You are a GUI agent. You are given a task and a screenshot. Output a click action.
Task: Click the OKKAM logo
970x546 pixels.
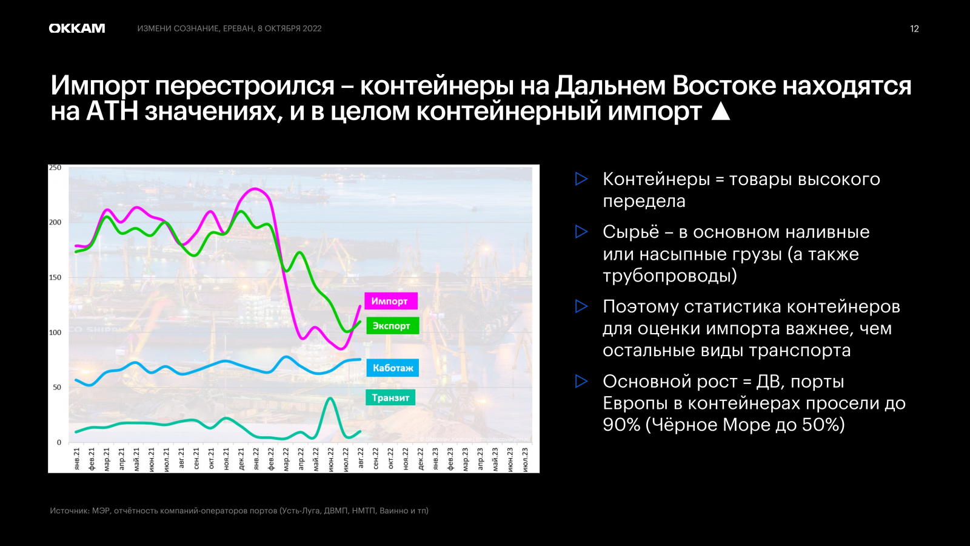click(76, 28)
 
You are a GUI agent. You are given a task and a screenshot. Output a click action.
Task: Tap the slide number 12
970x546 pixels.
click(914, 29)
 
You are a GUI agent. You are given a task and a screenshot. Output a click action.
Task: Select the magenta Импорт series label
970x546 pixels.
click(390, 301)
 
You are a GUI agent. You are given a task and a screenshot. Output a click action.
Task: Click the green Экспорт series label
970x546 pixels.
click(392, 326)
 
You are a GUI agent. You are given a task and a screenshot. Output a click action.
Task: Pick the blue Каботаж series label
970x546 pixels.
click(392, 368)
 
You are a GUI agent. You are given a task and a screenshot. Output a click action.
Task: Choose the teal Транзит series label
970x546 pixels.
click(390, 397)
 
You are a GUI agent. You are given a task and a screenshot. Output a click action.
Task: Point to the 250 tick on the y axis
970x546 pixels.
click(55, 167)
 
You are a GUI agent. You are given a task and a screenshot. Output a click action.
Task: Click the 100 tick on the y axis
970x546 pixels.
click(55, 332)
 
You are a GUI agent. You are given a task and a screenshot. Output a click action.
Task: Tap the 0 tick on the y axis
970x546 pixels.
click(59, 442)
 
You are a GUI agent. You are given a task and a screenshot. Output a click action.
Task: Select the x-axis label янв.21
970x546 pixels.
click(77, 459)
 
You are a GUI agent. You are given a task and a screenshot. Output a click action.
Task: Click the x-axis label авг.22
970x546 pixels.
click(361, 459)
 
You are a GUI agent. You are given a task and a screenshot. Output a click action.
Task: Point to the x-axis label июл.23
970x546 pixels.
click(525, 459)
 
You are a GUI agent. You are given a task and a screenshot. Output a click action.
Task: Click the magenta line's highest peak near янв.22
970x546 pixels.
click(255, 189)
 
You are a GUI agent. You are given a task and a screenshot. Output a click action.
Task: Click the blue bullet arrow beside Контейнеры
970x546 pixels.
click(581, 179)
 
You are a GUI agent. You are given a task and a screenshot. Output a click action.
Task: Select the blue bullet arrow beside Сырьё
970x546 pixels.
click(581, 232)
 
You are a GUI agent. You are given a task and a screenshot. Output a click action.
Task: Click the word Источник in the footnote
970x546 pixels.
click(70, 510)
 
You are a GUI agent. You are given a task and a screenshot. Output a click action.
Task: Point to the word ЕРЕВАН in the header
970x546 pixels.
click(238, 29)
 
